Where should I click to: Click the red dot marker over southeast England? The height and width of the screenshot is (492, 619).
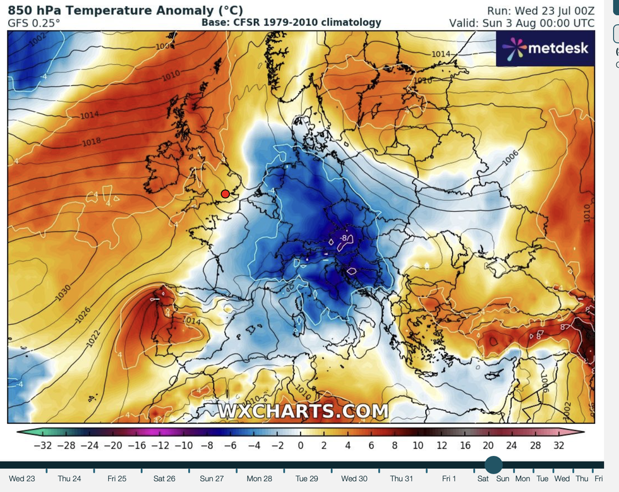tap(225, 195)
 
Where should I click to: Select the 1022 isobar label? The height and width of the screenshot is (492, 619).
tap(92, 340)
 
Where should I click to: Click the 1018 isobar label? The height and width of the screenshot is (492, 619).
tap(92, 143)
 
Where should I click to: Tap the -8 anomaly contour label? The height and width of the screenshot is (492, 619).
tap(345, 239)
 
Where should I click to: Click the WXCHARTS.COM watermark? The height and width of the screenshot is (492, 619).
tap(304, 411)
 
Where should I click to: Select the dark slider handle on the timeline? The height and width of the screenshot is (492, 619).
tap(493, 465)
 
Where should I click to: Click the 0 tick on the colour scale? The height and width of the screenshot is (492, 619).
tap(301, 445)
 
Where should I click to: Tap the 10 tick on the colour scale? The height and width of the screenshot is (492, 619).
tap(418, 445)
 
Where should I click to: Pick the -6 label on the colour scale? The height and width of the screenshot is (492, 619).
tap(231, 445)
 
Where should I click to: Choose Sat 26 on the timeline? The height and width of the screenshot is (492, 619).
tap(164, 479)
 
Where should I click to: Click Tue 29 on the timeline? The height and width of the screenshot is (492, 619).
tap(307, 479)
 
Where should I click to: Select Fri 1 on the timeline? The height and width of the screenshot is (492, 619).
tap(449, 479)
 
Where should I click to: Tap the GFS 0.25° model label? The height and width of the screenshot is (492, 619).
tap(34, 23)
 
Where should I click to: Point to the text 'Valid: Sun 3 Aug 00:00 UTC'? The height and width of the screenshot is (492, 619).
tap(521, 23)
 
